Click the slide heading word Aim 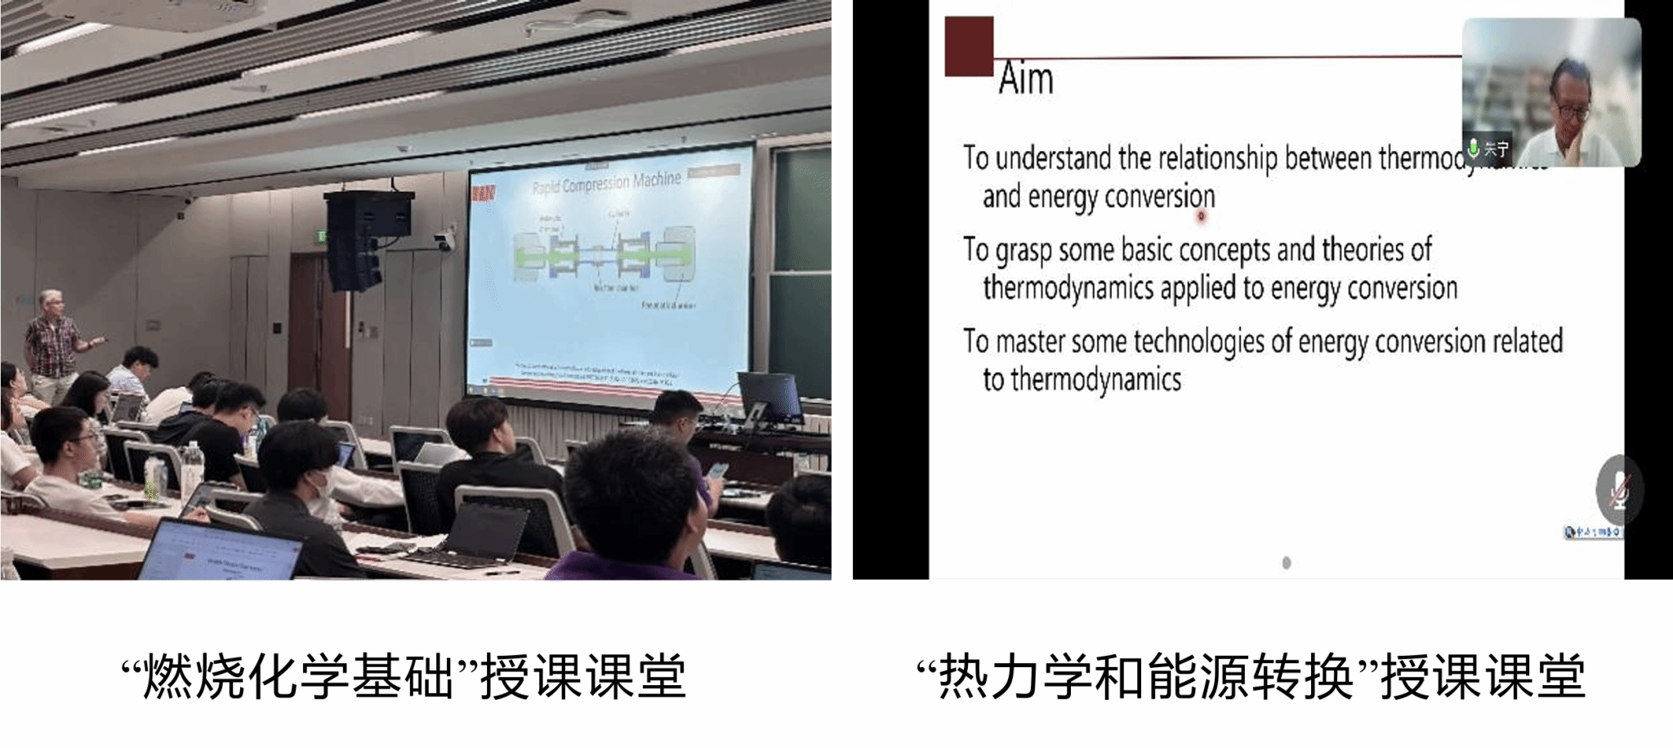click(x=1026, y=80)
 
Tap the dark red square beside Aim click(x=969, y=47)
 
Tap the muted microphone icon click(x=1618, y=491)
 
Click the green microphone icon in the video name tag click(x=1474, y=149)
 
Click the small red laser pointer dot click(x=1201, y=216)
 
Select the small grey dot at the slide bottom click(x=1287, y=563)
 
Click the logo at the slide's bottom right click(x=1592, y=532)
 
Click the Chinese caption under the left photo click(x=404, y=677)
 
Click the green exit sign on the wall click(x=323, y=237)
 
